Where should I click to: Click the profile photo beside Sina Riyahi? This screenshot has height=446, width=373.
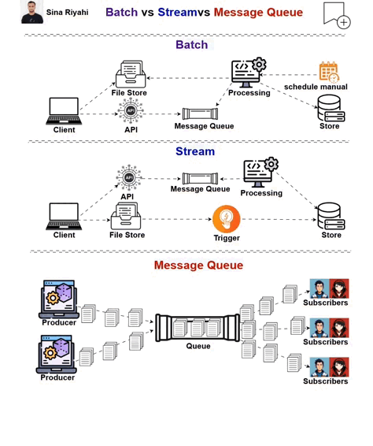(x=32, y=13)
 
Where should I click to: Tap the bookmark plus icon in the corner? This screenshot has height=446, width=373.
(x=336, y=15)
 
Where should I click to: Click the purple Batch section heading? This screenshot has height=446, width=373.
(x=191, y=45)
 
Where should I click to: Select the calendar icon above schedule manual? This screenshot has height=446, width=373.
(x=328, y=72)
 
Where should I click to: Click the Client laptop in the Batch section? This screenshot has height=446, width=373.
(x=64, y=111)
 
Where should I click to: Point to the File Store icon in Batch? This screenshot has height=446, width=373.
(x=130, y=75)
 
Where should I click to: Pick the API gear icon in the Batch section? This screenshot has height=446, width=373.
(x=131, y=111)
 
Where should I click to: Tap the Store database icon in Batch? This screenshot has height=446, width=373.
(x=329, y=107)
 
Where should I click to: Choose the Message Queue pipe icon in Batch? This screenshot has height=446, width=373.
(x=201, y=113)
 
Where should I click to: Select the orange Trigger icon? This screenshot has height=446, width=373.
(x=227, y=218)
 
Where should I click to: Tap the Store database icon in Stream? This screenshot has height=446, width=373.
(x=331, y=216)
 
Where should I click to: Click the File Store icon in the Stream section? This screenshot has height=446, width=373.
(x=127, y=216)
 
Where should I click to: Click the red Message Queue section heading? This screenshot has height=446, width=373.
(x=198, y=266)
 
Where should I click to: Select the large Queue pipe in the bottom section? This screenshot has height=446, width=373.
(x=198, y=327)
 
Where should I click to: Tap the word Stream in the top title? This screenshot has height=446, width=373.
(x=177, y=13)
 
